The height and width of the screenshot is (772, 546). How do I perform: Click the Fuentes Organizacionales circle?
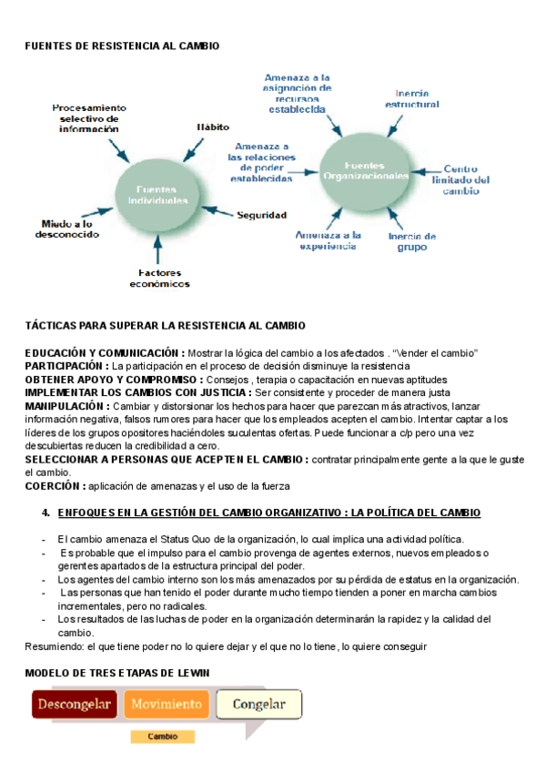(x=376, y=171)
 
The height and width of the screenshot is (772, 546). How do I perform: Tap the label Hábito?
(x=212, y=127)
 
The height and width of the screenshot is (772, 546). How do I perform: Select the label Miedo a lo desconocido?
(x=67, y=229)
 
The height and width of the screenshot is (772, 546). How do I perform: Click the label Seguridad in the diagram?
(x=262, y=216)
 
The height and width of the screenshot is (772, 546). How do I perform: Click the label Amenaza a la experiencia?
(x=329, y=240)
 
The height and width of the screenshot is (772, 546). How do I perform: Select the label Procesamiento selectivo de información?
(x=89, y=118)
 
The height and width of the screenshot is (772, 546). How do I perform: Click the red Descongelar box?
(x=75, y=704)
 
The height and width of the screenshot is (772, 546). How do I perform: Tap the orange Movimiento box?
(x=167, y=704)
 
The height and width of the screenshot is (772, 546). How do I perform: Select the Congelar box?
(x=259, y=704)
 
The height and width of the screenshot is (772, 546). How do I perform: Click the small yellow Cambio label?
(x=162, y=736)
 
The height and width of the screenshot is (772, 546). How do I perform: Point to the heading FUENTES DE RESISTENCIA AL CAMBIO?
(x=122, y=45)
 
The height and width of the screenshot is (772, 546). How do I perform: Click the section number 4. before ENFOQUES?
(x=45, y=513)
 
